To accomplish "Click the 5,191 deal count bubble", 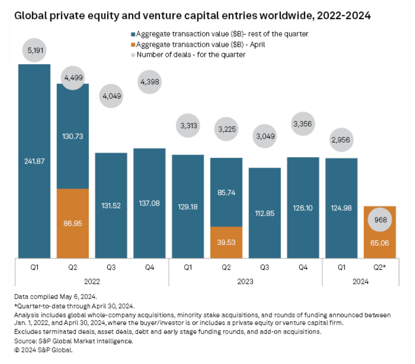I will pos(35,50).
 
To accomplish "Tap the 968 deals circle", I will pos(380,220).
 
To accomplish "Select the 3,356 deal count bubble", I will pos(303,124).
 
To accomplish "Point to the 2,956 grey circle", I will pos(341,140).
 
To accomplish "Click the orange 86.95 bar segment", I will pos(73,223).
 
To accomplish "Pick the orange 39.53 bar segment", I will pos(226,242).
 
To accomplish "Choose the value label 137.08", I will pos(149,203).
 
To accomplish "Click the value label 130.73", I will pos(73,136).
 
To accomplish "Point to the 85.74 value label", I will pos(226,192).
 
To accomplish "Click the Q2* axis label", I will pos(380,267).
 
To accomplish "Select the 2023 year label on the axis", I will pos(245,282).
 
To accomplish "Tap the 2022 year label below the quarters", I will pos(92,282).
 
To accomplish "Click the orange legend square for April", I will pos(133,45).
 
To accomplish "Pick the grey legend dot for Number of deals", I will pos(133,55).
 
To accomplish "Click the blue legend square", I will pos(133,34).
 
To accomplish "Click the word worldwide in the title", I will pos(286,15).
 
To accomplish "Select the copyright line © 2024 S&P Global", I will pos(43,350).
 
